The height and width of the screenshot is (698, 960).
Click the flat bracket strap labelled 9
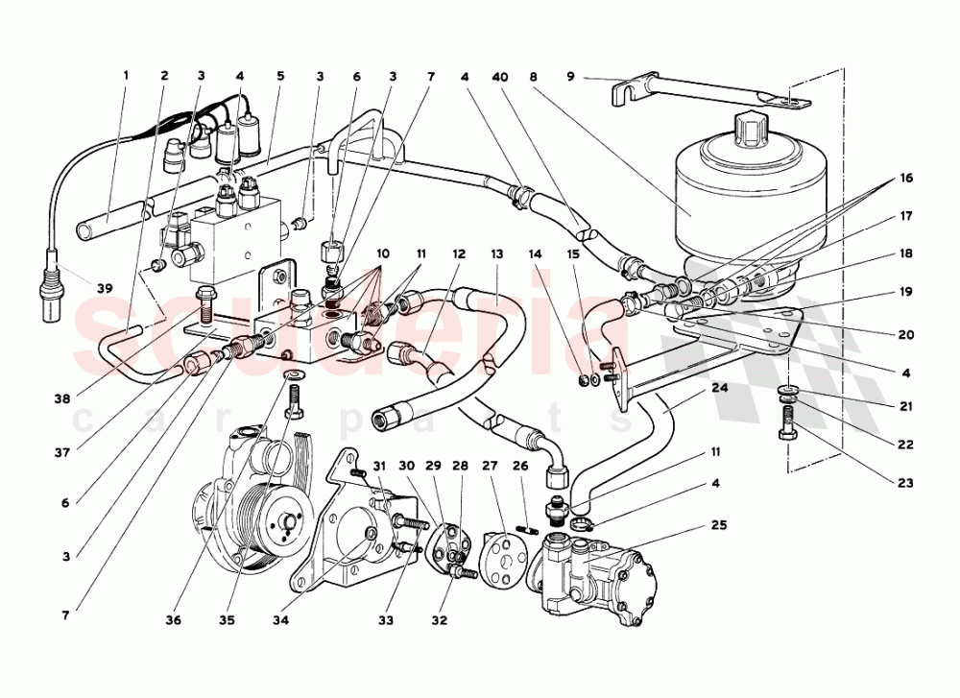[x=710, y=96]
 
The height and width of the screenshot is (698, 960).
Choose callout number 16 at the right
[x=904, y=179]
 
